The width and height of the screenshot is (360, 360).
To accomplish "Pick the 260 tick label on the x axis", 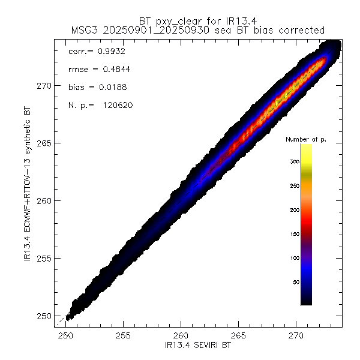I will pyautogui.click(x=181, y=335).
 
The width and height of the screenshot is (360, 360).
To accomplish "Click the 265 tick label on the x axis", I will pyautogui.click(x=239, y=335).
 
